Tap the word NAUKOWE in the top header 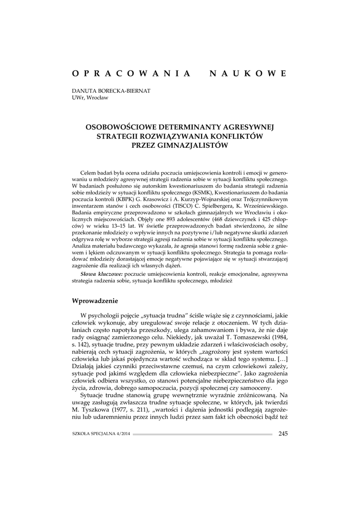coord(248,73)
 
